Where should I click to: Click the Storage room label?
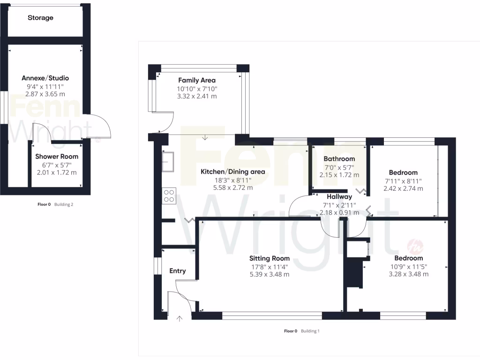tap(40, 18)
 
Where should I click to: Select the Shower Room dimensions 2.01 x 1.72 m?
tap(57, 172)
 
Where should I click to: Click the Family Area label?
tap(197, 80)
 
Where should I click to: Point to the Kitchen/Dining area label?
tap(233, 172)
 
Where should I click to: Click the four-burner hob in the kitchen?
tap(169, 195)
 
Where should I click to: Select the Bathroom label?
tap(339, 159)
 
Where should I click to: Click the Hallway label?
tap(339, 197)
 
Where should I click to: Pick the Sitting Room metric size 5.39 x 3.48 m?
tap(270, 274)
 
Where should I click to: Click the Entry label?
tap(178, 271)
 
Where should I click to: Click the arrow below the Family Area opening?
tap(205, 137)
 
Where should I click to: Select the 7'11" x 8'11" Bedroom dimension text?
tap(403, 180)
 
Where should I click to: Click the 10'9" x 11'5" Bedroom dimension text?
tap(408, 266)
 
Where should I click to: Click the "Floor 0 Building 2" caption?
tap(55, 204)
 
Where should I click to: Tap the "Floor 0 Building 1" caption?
tap(302, 331)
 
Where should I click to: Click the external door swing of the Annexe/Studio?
tap(99, 127)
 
